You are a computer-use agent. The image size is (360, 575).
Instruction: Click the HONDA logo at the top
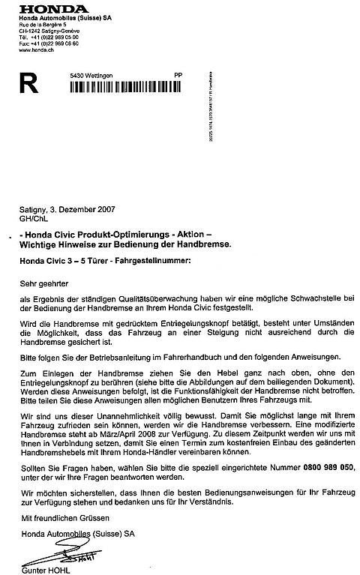click(x=46, y=8)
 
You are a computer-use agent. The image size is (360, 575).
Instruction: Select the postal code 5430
click(x=75, y=76)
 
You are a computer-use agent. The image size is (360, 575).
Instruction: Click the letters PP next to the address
click(x=178, y=76)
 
